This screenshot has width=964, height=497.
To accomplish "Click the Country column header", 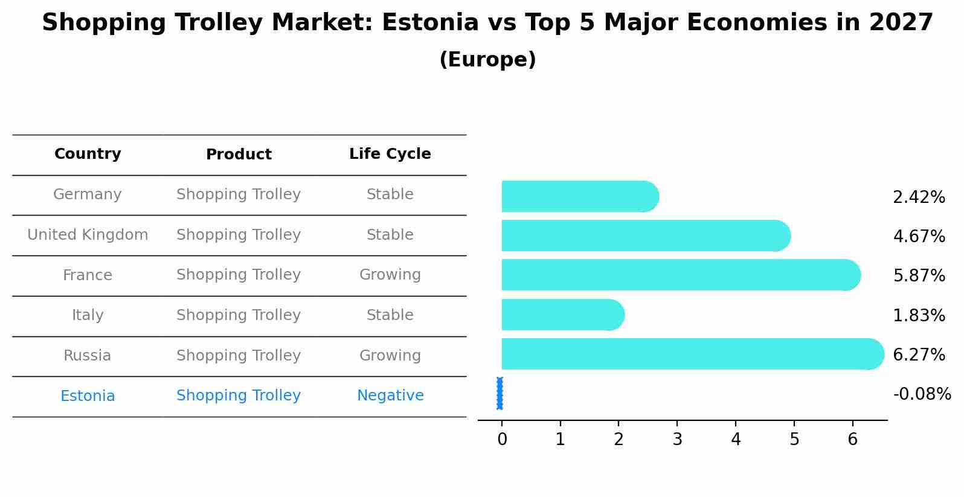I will (88, 154).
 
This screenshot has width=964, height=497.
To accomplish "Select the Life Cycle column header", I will (390, 154).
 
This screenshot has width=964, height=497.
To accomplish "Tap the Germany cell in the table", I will (88, 194).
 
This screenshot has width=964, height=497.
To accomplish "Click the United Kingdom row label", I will (88, 235).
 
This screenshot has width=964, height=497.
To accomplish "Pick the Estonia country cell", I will (88, 396).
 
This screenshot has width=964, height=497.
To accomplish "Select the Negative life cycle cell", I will (390, 396).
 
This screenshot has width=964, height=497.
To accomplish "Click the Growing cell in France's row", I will (390, 275).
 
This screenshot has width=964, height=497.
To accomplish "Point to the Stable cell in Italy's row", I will (390, 315).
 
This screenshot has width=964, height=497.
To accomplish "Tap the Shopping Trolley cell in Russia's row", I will (239, 356).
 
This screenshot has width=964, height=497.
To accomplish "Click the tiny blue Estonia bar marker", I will (500, 393).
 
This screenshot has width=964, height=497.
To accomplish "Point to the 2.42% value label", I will (919, 197).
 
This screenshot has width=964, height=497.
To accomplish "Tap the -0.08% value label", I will (922, 394).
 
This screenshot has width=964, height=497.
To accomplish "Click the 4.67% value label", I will (919, 237).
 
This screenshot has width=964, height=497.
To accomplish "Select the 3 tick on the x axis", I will (677, 440).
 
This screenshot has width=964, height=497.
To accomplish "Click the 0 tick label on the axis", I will (502, 440).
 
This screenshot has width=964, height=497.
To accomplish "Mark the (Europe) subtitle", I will (487, 60).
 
